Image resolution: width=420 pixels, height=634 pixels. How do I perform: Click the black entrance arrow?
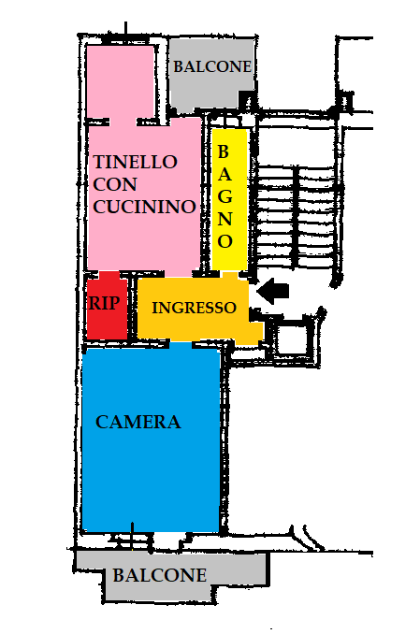(273, 291)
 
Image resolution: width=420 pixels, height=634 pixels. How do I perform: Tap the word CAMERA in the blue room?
(138, 422)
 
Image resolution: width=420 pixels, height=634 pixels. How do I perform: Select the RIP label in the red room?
(105, 303)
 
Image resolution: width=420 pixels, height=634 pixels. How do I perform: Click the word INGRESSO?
(194, 308)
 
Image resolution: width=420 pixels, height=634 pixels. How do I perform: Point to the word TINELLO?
(135, 162)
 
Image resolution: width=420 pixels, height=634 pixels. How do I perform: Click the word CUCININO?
(144, 207)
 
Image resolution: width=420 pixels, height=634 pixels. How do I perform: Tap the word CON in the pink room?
(115, 184)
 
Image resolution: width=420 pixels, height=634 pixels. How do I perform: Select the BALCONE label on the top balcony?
(212, 66)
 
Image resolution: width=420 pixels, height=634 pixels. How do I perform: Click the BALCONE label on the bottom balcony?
(160, 575)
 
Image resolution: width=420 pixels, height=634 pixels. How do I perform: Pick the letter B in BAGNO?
(224, 152)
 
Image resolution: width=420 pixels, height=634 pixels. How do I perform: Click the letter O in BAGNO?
(225, 241)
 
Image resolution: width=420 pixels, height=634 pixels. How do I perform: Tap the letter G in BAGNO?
(225, 196)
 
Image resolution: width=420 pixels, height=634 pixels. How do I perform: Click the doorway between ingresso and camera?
(181, 344)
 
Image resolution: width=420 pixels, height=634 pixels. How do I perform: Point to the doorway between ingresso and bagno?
(230, 275)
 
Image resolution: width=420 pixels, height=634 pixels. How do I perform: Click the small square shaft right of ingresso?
(290, 338)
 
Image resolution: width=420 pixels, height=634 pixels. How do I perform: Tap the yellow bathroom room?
(229, 199)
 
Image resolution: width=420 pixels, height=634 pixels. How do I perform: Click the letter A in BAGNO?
(225, 174)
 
